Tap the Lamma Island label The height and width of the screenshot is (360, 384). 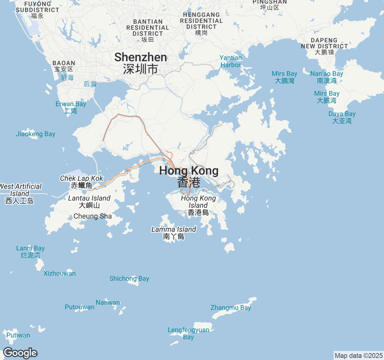[174, 233]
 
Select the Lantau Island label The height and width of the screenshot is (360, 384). [89, 202]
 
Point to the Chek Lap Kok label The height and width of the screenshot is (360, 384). [82, 182]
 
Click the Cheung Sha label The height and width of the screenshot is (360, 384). [92, 216]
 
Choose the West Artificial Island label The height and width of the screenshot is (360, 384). [20, 193]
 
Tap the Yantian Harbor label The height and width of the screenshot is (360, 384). [230, 61]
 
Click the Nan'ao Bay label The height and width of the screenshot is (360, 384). [327, 77]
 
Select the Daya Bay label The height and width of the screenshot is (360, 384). [342, 117]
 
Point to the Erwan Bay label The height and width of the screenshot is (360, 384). [71, 107]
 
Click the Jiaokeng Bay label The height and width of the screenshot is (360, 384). [35, 134]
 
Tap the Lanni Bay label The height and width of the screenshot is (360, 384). [30, 252]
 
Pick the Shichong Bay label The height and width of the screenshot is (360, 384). [129, 279]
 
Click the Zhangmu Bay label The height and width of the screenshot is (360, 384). [231, 308]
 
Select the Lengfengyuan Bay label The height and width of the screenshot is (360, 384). [188, 333]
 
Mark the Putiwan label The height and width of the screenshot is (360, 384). [18, 335]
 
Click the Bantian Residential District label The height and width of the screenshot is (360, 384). [148, 30]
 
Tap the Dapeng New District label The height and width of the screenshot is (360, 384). [325, 46]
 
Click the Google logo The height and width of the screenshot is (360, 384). [20, 353]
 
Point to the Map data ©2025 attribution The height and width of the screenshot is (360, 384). [358, 356]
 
